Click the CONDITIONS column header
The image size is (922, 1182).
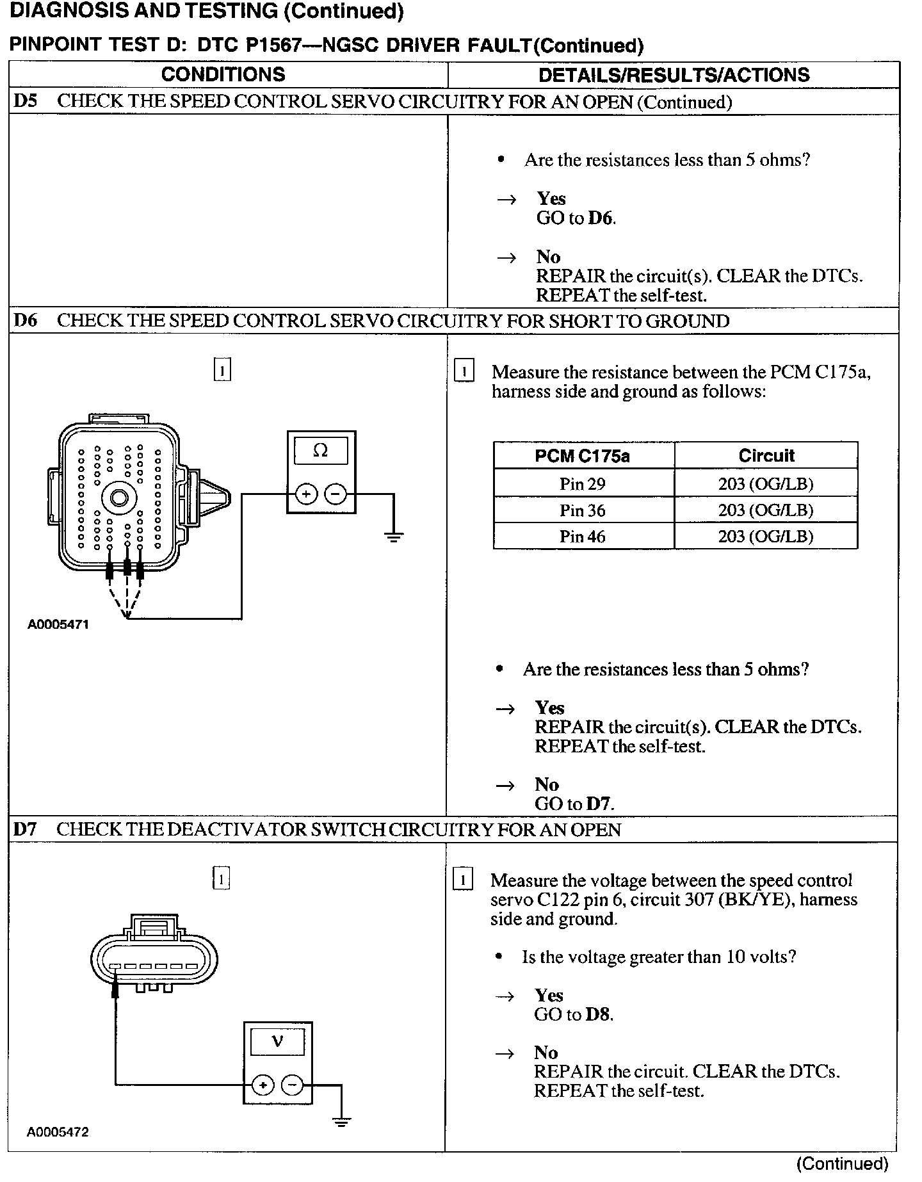pyautogui.click(x=223, y=74)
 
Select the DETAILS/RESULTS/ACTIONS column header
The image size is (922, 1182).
pyautogui.click(x=674, y=75)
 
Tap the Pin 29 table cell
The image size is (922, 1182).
pyautogui.click(x=582, y=483)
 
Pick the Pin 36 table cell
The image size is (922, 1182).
pyautogui.click(x=582, y=510)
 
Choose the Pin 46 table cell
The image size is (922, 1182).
pyautogui.click(x=582, y=537)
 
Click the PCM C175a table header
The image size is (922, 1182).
pyautogui.click(x=582, y=456)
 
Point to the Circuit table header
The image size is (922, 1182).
pyautogui.click(x=766, y=456)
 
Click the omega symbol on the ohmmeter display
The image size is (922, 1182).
pyautogui.click(x=320, y=451)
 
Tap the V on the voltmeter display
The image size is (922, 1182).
pyautogui.click(x=277, y=1041)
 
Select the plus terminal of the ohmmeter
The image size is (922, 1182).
pyautogui.click(x=306, y=494)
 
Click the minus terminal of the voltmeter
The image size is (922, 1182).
pyautogui.click(x=292, y=1085)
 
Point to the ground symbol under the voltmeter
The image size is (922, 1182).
pyautogui.click(x=341, y=1121)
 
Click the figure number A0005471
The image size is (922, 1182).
pyautogui.click(x=58, y=624)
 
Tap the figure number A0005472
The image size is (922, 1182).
pyautogui.click(x=58, y=1132)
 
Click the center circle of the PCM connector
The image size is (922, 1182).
pyautogui.click(x=118, y=497)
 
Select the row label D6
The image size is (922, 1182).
pyautogui.click(x=26, y=321)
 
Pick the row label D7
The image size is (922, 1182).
pyautogui.click(x=25, y=830)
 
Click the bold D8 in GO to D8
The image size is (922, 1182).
pyautogui.click(x=599, y=1014)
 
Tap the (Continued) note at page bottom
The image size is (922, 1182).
pyautogui.click(x=843, y=1163)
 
